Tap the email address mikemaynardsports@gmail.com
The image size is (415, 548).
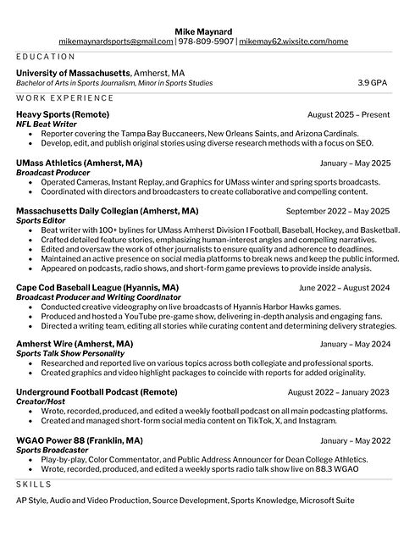115,41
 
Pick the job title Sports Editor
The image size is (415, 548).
42,220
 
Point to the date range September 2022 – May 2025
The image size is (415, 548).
338,211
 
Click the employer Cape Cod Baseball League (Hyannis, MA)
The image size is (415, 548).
97,288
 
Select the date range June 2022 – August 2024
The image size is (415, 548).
344,288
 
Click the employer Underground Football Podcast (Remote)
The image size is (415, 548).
97,392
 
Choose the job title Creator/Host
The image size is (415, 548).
40,401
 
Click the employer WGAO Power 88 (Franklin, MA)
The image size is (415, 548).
80,440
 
